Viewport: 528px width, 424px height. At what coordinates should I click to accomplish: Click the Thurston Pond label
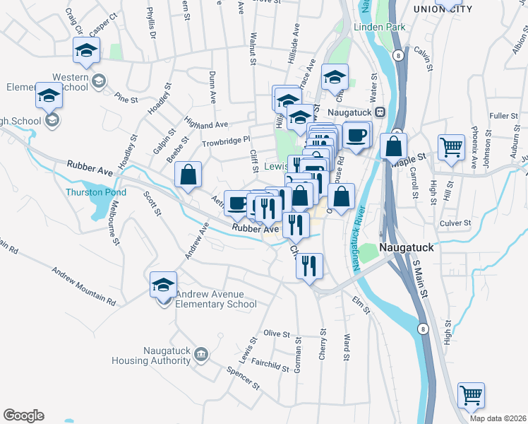(x=96, y=192)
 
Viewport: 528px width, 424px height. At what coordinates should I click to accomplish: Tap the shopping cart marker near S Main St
(x=471, y=396)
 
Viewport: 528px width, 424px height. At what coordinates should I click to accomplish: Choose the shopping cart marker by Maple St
(x=451, y=148)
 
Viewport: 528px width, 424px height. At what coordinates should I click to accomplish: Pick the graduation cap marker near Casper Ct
(x=87, y=50)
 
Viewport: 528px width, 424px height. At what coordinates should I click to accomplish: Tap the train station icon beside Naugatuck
(x=380, y=112)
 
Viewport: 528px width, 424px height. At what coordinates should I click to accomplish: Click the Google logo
(x=23, y=416)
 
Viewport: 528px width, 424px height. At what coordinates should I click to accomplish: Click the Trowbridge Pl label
(x=226, y=140)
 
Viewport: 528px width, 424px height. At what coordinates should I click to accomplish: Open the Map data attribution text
(x=497, y=418)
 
